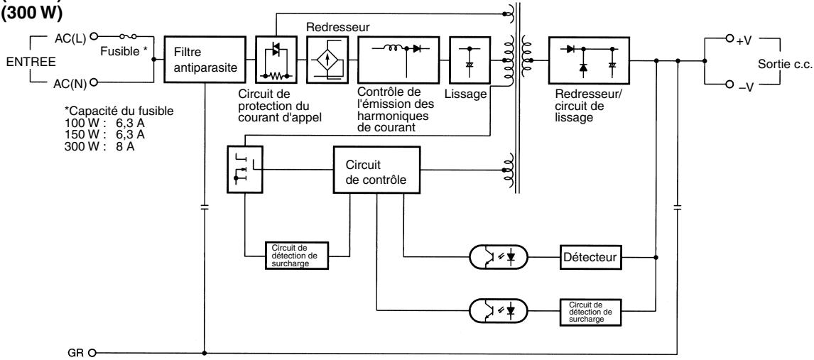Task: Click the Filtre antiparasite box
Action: pyautogui.click(x=205, y=59)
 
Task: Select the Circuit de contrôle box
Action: pyautogui.click(x=376, y=170)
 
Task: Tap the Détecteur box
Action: pyautogui.click(x=590, y=257)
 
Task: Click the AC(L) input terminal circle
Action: pyautogui.click(x=94, y=36)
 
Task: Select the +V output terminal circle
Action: pyautogui.click(x=729, y=38)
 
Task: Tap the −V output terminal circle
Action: pyautogui.click(x=729, y=84)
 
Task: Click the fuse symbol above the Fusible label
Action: pyautogui.click(x=128, y=37)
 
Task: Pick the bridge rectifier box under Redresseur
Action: pyautogui.click(x=327, y=59)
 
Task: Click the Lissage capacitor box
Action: pyautogui.click(x=470, y=59)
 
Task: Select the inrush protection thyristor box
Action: pyautogui.click(x=276, y=59)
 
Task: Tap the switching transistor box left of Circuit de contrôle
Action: pyautogui.click(x=245, y=169)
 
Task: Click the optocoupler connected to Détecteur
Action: pyautogui.click(x=499, y=257)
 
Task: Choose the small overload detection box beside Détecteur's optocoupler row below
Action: pyautogui.click(x=590, y=312)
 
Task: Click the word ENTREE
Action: pyautogui.click(x=31, y=62)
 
